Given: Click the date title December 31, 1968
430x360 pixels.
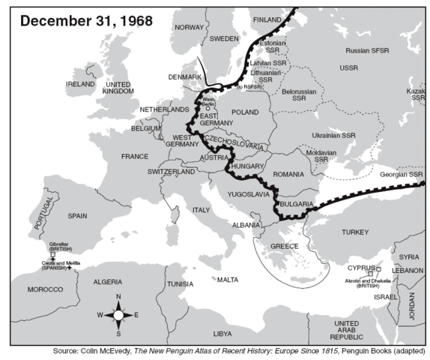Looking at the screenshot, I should pos(86,19).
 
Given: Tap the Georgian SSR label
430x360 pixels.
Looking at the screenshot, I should pos(400,174).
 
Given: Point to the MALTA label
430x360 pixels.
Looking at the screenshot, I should pos(228,279).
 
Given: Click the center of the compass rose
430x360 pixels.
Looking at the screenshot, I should pos(118,315).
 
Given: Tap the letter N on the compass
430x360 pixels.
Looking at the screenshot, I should pos(118,297).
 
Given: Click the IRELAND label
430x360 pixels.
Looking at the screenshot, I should pos(80,84).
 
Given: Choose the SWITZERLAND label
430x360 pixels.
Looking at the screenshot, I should pos(172,172).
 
